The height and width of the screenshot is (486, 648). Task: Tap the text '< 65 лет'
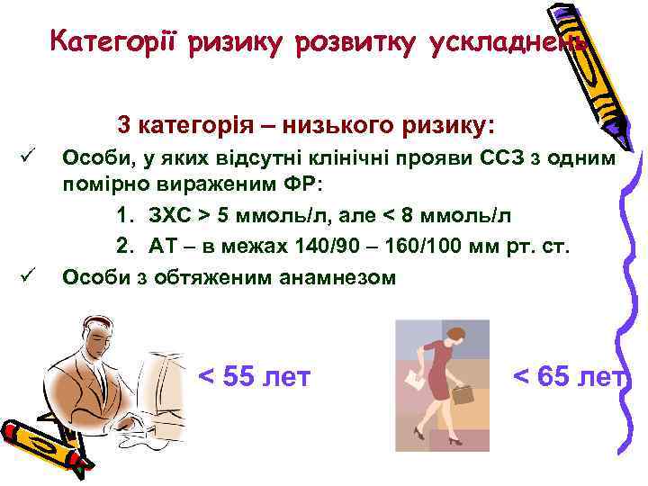567,375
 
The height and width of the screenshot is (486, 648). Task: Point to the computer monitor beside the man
162,378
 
